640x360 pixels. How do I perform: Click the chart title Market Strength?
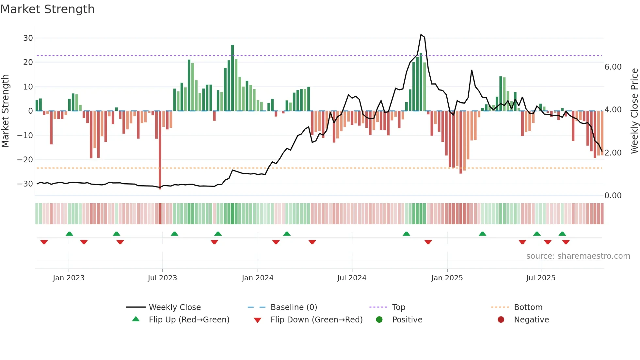[x=47, y=9]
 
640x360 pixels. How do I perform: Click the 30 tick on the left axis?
[x=28, y=38]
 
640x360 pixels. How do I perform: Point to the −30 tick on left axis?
[x=25, y=184]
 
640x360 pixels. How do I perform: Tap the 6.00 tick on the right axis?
[x=613, y=67]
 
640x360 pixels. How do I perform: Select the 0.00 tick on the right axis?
[x=613, y=195]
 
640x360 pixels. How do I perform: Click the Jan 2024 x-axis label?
[x=257, y=278]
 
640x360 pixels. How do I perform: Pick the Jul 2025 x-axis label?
[x=540, y=278]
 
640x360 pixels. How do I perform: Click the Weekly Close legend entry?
[x=175, y=307]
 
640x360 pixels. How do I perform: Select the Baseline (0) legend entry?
[x=294, y=307]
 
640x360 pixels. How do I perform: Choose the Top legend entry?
[x=398, y=307]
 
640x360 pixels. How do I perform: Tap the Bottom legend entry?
[x=528, y=307]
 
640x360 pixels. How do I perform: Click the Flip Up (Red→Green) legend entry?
[x=189, y=319]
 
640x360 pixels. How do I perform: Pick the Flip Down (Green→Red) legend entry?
[x=316, y=319]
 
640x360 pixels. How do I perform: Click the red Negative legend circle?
[x=501, y=319]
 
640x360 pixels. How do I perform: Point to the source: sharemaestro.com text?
[x=578, y=256]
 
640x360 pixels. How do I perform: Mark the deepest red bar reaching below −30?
[x=160, y=150]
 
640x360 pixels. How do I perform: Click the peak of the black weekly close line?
[x=421, y=35]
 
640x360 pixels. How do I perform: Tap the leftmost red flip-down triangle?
[x=44, y=242]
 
